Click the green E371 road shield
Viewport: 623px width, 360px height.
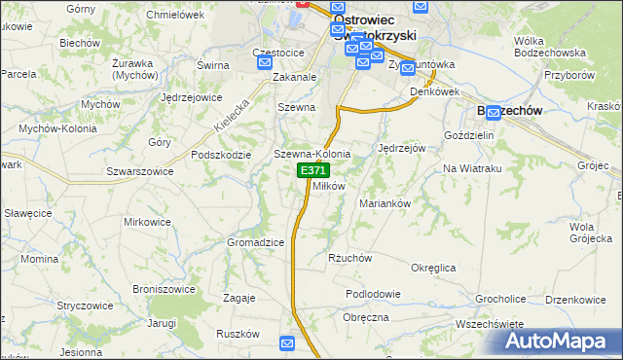tap(312, 170)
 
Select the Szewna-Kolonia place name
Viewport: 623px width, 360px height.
tap(311, 154)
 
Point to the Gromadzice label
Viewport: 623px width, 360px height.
tap(254, 241)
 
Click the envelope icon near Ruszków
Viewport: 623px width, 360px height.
tap(287, 342)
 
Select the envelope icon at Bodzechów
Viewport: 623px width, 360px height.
tap(495, 112)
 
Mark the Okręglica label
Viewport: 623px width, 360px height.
tap(434, 266)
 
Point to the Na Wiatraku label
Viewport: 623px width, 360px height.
tap(471, 168)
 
